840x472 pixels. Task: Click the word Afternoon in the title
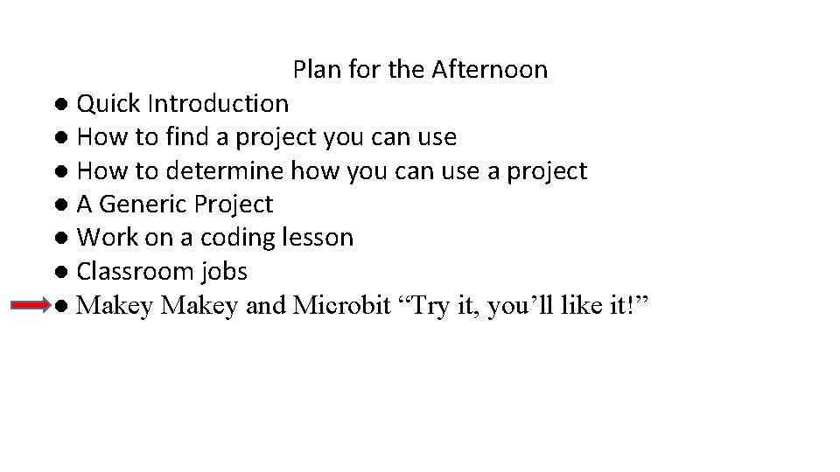[x=490, y=69]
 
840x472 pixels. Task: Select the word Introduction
[x=218, y=103]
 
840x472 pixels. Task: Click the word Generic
[x=144, y=205]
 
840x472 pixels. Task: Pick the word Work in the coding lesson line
[x=103, y=238]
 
